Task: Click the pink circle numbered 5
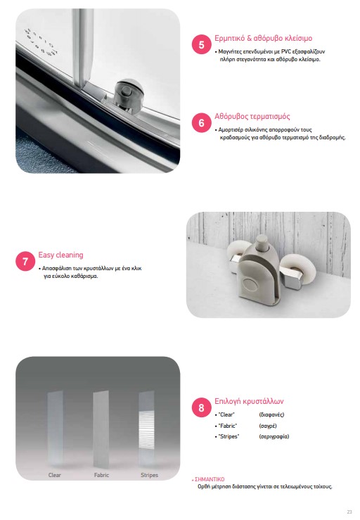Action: click(x=202, y=44)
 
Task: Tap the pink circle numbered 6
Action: click(x=202, y=122)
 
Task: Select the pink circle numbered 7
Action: click(x=25, y=261)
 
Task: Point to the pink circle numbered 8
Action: click(x=202, y=407)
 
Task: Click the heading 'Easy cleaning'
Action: click(x=60, y=255)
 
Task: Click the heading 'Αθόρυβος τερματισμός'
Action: click(x=252, y=116)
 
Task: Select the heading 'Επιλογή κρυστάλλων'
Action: click(x=249, y=401)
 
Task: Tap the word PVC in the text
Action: click(x=286, y=51)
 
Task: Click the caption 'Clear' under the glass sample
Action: click(x=55, y=475)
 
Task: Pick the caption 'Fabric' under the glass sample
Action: click(x=101, y=475)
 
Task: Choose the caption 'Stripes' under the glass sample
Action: click(x=149, y=475)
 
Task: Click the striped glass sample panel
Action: click(x=146, y=429)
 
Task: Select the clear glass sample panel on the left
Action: click(x=55, y=429)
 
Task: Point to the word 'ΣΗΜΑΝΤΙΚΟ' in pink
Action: click(x=210, y=479)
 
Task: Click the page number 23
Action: click(x=349, y=512)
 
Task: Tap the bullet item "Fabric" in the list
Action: click(x=227, y=426)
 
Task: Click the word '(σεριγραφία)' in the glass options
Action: click(x=274, y=436)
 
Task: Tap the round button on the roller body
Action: click(x=248, y=284)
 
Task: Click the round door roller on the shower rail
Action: click(x=128, y=93)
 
